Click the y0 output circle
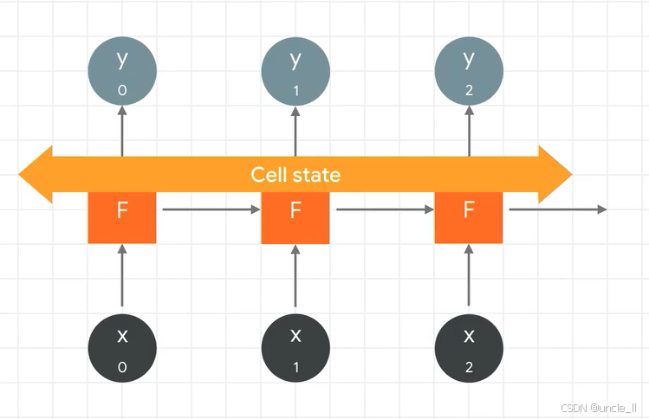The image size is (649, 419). pyautogui.click(x=122, y=70)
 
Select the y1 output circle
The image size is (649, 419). pyautogui.click(x=295, y=70)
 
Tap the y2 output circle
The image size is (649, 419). pyautogui.click(x=469, y=70)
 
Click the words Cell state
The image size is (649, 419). pyautogui.click(x=295, y=175)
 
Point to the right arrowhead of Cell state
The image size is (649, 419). pyautogui.click(x=555, y=175)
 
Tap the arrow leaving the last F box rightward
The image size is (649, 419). pyautogui.click(x=557, y=209)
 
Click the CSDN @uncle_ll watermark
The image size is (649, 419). pyautogui.click(x=599, y=407)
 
